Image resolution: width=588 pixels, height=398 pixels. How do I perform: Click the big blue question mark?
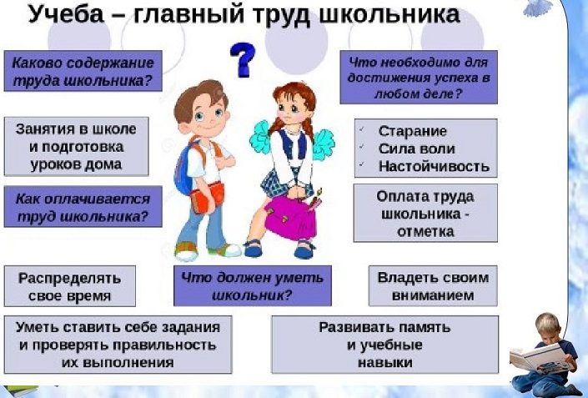[x=243, y=59]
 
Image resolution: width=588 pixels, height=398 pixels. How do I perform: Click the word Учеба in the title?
[x=66, y=15]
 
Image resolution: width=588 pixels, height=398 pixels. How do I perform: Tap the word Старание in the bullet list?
[x=413, y=131]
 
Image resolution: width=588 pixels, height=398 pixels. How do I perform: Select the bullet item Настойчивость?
[x=434, y=166]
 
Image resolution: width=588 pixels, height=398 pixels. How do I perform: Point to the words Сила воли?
[x=417, y=149]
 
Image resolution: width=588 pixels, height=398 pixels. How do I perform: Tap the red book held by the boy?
[x=208, y=197]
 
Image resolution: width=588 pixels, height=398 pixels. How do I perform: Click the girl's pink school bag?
[x=290, y=218]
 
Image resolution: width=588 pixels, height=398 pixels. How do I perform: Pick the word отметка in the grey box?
[x=425, y=231]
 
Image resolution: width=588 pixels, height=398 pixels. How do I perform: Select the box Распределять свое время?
[x=70, y=286]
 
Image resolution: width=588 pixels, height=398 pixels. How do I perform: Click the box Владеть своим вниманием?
[x=433, y=286]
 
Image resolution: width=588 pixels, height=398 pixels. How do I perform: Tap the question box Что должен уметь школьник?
[x=253, y=286]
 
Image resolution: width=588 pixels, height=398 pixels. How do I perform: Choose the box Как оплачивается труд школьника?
[x=83, y=206]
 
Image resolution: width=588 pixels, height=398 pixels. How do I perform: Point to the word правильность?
[x=164, y=345]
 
